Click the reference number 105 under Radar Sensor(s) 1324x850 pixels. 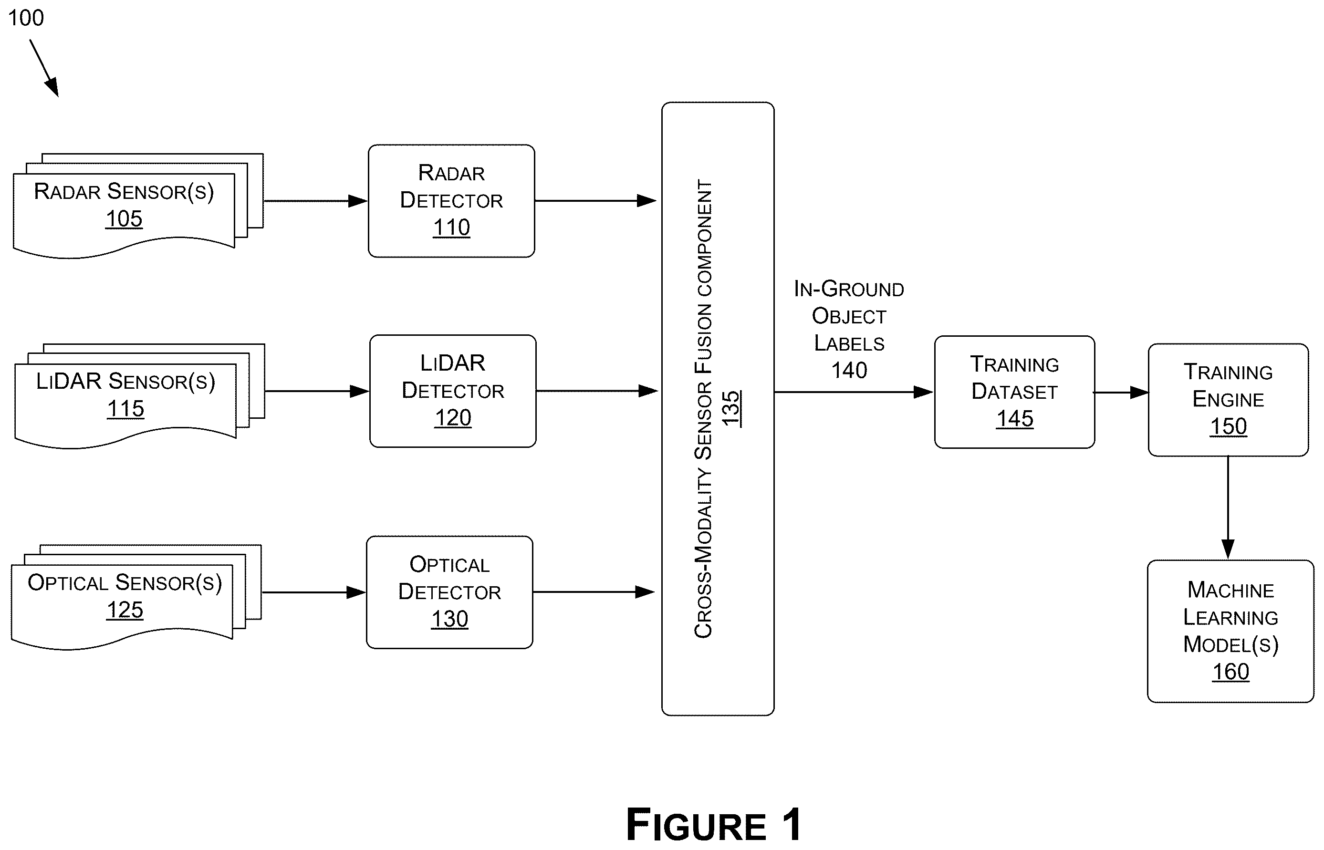click(x=124, y=219)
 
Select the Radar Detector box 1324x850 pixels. click(x=451, y=201)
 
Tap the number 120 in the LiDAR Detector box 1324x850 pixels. click(x=453, y=418)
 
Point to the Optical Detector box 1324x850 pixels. click(x=449, y=592)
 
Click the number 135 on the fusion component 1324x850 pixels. click(x=731, y=408)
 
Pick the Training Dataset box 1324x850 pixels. click(x=1014, y=392)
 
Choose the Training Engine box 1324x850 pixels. click(x=1228, y=400)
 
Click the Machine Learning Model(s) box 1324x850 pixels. click(x=1230, y=632)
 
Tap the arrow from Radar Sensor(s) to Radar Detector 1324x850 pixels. click(x=316, y=201)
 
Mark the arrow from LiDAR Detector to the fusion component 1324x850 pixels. click(x=597, y=391)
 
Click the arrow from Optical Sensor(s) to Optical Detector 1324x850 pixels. click(x=313, y=592)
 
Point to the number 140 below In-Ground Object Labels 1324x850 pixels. click(x=849, y=370)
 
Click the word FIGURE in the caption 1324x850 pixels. click(x=696, y=825)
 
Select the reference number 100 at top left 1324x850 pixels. click(x=26, y=18)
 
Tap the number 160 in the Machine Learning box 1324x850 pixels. click(x=1230, y=672)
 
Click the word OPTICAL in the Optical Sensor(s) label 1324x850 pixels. click(x=68, y=583)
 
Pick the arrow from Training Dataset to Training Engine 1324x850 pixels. click(x=1121, y=393)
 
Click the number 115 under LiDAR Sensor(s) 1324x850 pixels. click(x=125, y=409)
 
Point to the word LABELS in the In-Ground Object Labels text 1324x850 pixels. click(x=849, y=343)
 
